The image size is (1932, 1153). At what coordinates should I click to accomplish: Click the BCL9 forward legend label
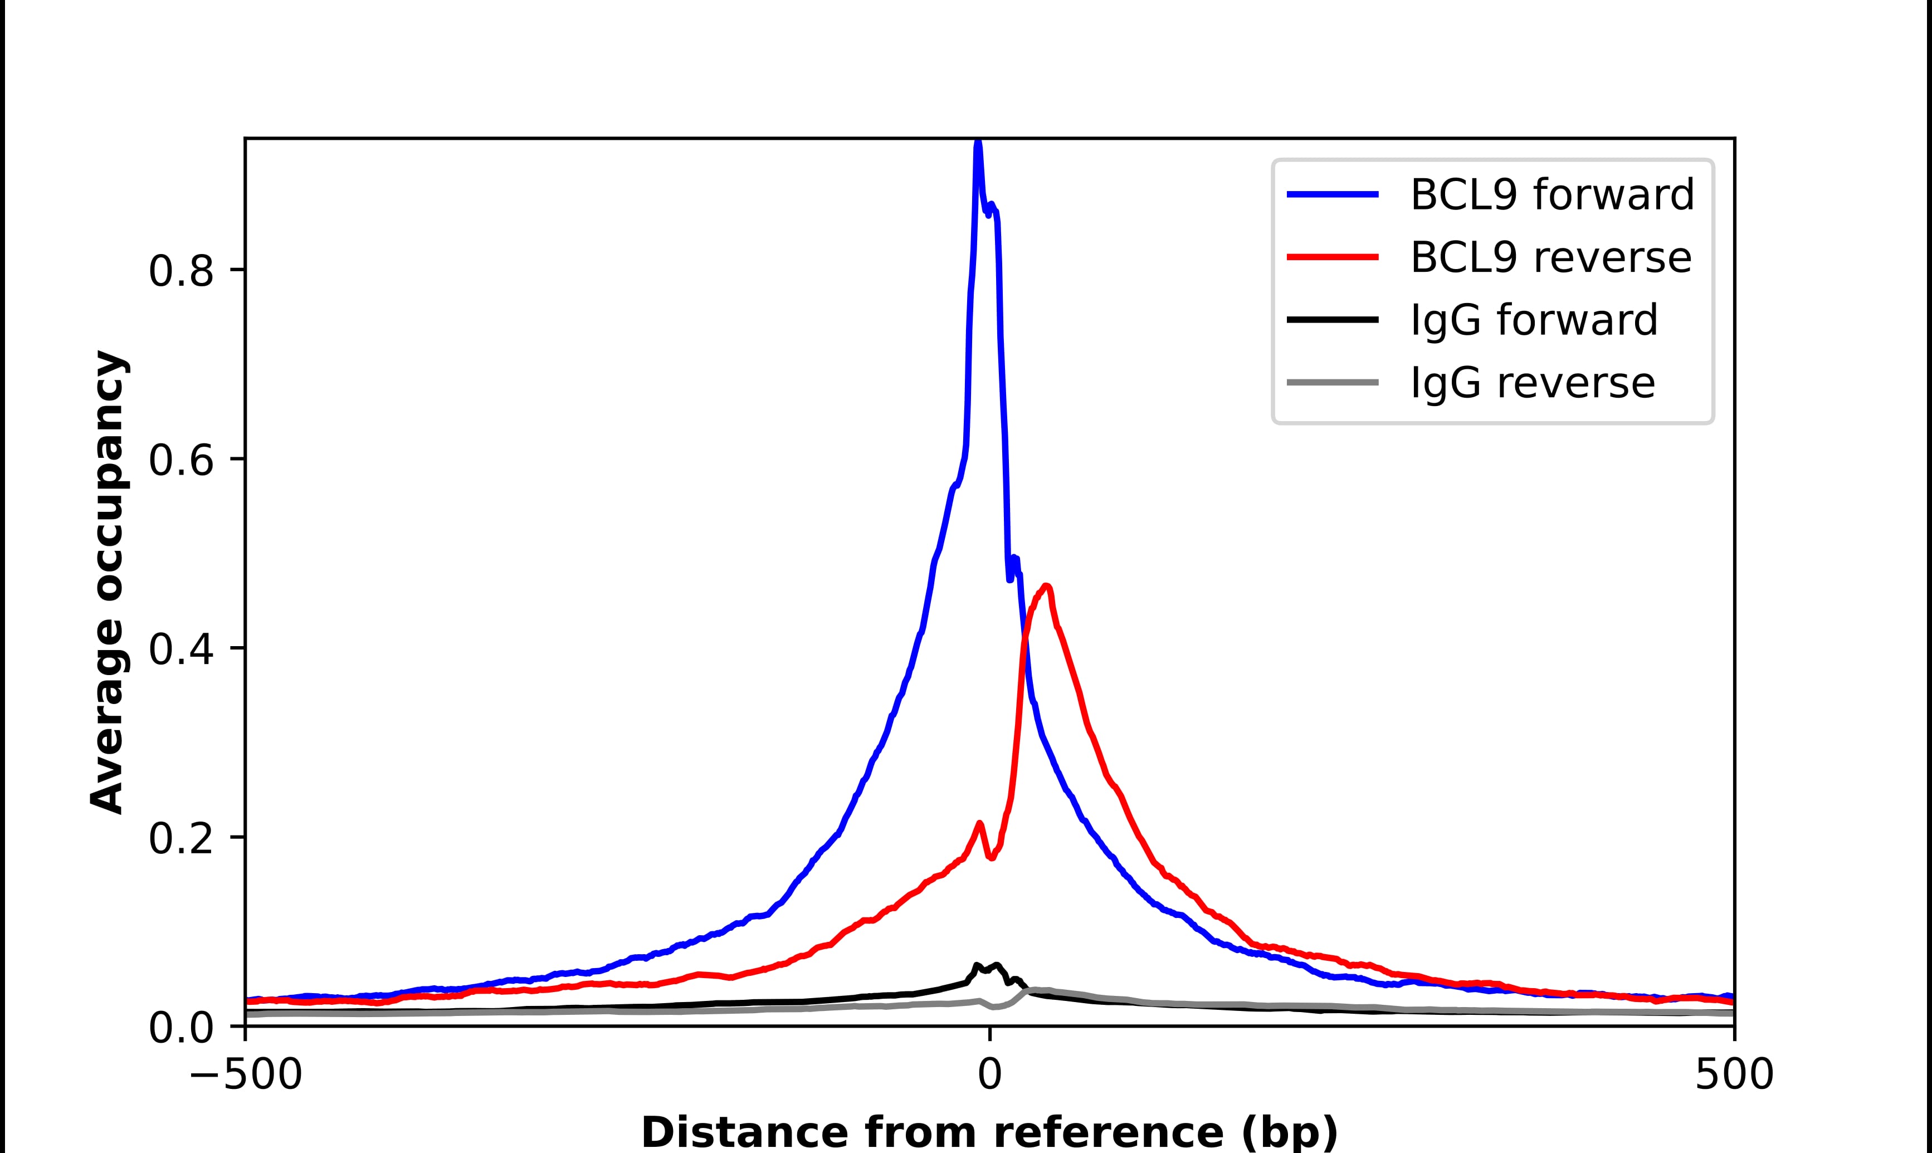click(x=1552, y=194)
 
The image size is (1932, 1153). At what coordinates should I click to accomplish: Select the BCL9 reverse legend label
click(x=1550, y=257)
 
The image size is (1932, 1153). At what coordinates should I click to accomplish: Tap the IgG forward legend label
click(x=1534, y=320)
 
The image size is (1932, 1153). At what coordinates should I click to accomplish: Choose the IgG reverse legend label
click(x=1532, y=383)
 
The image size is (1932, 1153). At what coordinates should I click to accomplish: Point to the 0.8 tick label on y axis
click(x=180, y=272)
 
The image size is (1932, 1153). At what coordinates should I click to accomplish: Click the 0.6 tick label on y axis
click(x=180, y=461)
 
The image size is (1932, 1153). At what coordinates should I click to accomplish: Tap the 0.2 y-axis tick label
click(x=180, y=839)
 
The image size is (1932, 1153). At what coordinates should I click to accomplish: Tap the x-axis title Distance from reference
click(x=989, y=1132)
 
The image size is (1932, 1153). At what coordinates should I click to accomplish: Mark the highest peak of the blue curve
click(x=978, y=144)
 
